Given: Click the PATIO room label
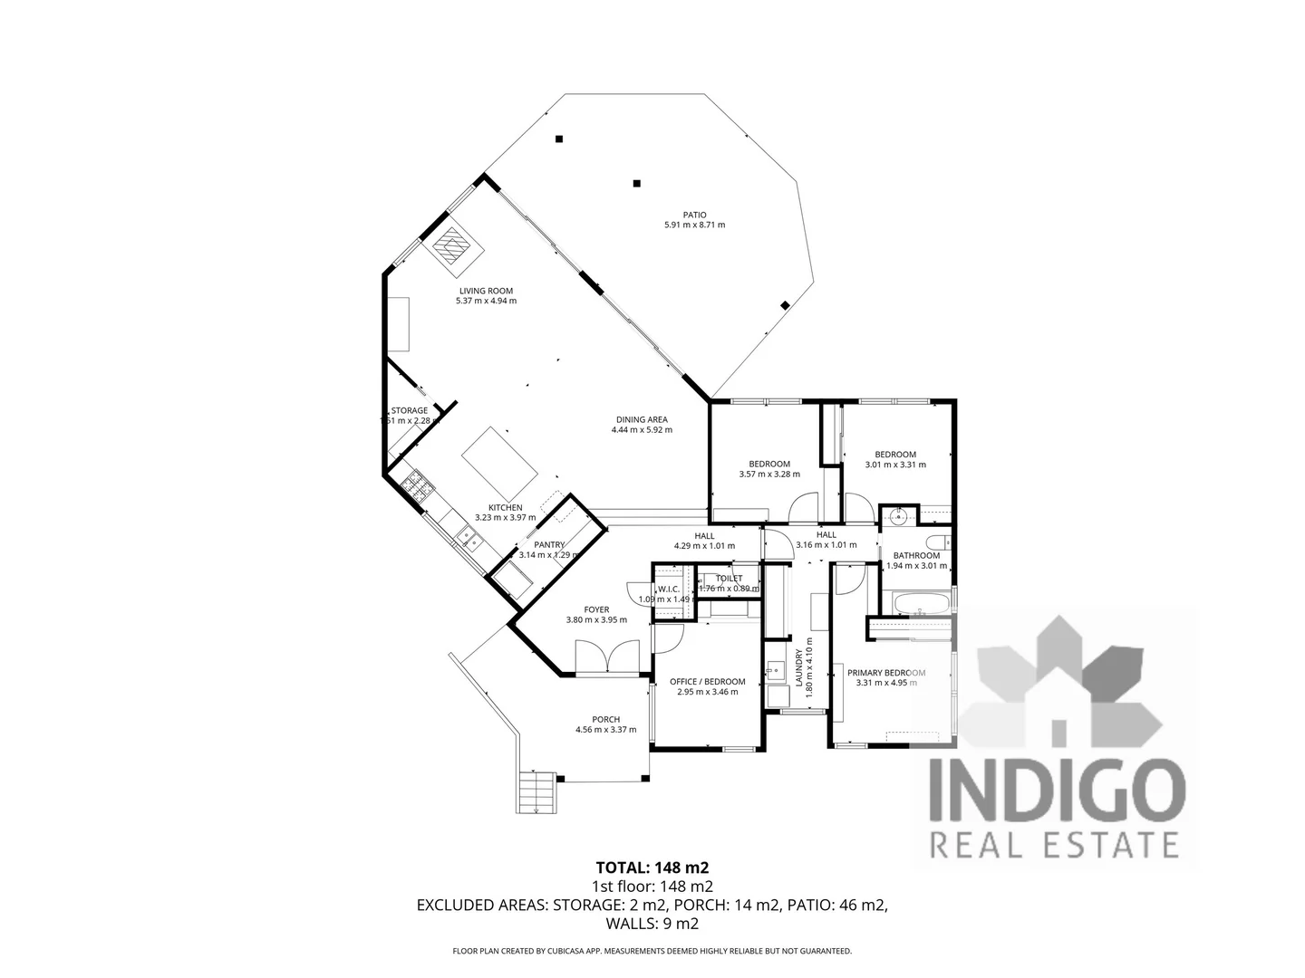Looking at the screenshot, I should click(x=695, y=215).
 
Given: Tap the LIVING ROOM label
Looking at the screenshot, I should click(x=486, y=292).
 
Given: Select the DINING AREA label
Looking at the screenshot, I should click(x=642, y=419).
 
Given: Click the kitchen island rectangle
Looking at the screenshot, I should click(x=499, y=459).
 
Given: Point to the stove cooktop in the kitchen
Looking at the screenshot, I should click(x=416, y=486).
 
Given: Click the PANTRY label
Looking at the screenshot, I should click(x=549, y=544).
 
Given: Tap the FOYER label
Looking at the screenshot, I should click(x=596, y=609).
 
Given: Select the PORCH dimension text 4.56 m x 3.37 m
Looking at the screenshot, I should click(x=605, y=730).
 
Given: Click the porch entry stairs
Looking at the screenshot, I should click(x=536, y=792).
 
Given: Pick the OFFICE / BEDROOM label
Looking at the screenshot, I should click(x=707, y=682).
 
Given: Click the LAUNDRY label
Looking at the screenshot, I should click(x=798, y=671).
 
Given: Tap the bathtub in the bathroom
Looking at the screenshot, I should click(x=919, y=602).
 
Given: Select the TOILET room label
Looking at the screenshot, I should click(x=729, y=578).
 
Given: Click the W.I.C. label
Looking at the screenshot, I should click(x=670, y=589).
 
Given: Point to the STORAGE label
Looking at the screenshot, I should click(x=410, y=410).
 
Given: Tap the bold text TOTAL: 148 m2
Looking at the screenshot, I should click(x=652, y=868).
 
